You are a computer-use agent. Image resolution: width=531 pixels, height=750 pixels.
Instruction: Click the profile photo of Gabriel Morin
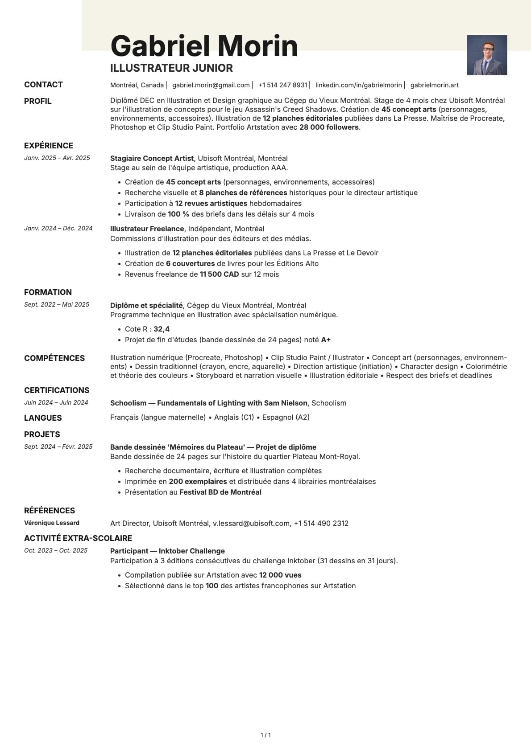pyautogui.click(x=487, y=55)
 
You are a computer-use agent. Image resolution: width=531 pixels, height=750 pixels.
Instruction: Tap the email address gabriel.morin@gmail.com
pyautogui.click(x=211, y=85)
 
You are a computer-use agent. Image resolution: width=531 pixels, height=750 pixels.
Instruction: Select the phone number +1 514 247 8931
pyautogui.click(x=282, y=85)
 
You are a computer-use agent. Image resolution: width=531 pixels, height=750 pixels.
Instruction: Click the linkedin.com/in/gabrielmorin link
pyautogui.click(x=358, y=85)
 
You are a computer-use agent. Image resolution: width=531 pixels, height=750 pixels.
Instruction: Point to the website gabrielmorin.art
pyautogui.click(x=434, y=85)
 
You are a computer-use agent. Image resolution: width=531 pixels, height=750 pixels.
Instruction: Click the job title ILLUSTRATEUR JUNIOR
pyautogui.click(x=171, y=68)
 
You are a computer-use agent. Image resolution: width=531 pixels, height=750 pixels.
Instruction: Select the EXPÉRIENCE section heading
pyautogui.click(x=49, y=146)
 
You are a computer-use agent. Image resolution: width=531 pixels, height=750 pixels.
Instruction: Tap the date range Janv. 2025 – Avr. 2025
pyautogui.click(x=57, y=158)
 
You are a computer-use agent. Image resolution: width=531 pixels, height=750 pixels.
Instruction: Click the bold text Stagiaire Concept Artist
pyautogui.click(x=152, y=158)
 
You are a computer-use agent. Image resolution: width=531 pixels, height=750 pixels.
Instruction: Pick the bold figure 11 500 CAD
pyautogui.click(x=219, y=274)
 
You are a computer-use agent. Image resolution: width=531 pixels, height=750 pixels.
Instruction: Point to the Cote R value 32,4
pyautogui.click(x=162, y=329)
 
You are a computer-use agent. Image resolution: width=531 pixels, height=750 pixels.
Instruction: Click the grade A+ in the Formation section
pyautogui.click(x=326, y=340)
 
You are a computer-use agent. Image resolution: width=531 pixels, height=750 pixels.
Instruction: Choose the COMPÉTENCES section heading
pyautogui.click(x=54, y=358)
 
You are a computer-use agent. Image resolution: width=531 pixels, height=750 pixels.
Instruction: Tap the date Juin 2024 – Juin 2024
pyautogui.click(x=56, y=402)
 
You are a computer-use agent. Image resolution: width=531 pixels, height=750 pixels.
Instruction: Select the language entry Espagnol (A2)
pyautogui.click(x=286, y=417)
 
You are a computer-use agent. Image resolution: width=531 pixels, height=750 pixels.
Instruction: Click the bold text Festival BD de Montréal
pyautogui.click(x=220, y=492)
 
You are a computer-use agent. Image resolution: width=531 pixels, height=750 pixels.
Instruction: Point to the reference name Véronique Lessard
pyautogui.click(x=52, y=523)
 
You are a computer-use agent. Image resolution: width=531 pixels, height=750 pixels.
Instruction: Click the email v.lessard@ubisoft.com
pyautogui.click(x=251, y=523)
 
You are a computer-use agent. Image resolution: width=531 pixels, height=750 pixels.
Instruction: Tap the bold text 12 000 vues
pyautogui.click(x=280, y=575)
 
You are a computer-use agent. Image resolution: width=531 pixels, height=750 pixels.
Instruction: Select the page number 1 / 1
pyautogui.click(x=265, y=735)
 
